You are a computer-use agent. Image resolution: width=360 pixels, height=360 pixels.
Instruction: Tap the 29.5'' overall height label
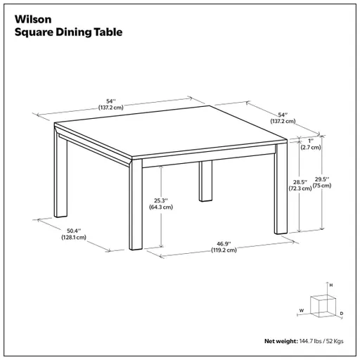[321, 179]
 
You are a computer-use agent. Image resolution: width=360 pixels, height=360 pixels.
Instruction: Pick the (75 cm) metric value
[321, 187]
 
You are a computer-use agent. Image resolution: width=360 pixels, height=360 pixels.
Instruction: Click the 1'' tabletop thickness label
[310, 140]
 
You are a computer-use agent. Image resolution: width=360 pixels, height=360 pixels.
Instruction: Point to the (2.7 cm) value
[310, 148]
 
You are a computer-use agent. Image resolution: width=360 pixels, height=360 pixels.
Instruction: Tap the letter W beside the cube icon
[301, 309]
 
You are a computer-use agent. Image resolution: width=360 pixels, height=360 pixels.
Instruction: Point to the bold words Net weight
[281, 341]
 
